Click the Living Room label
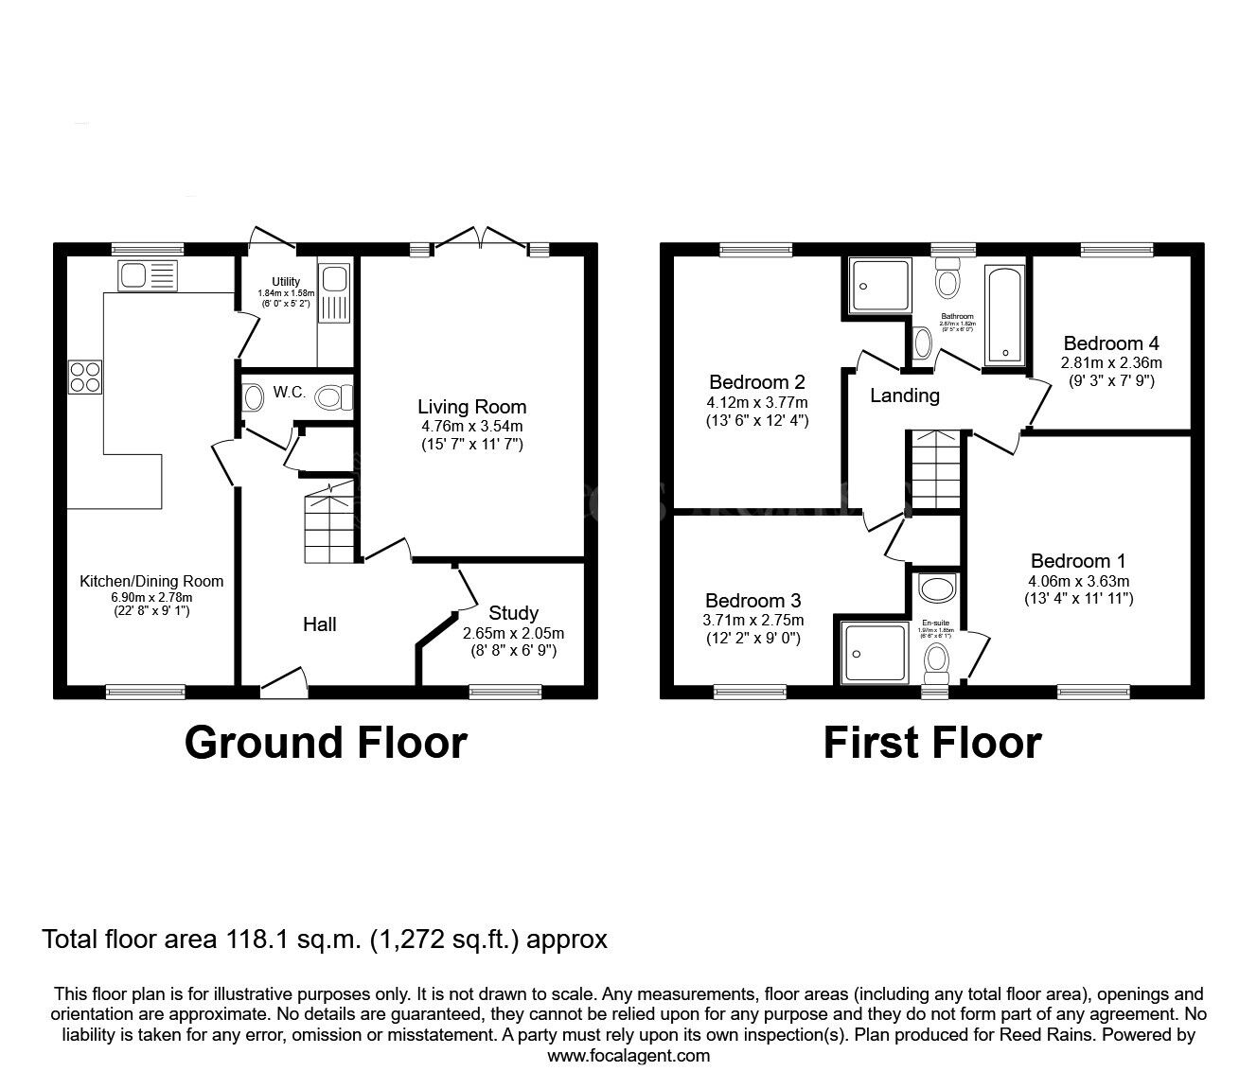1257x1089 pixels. [x=471, y=407]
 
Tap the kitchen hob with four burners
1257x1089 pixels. [x=83, y=378]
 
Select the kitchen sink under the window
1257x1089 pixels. [x=148, y=276]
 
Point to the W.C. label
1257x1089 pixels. [x=289, y=393]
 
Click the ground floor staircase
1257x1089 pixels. [x=328, y=523]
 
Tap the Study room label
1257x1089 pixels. [x=513, y=612]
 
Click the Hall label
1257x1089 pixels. [x=319, y=624]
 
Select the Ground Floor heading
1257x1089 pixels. [x=326, y=743]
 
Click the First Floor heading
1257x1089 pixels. [x=931, y=743]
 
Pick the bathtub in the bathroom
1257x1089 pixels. [x=1003, y=316]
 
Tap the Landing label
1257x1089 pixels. [x=904, y=395]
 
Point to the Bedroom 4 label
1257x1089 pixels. [x=1110, y=343]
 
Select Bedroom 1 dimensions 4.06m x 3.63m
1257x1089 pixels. [x=1078, y=581]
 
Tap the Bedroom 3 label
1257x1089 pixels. [x=752, y=600]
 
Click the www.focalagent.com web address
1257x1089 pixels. [x=628, y=1055]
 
